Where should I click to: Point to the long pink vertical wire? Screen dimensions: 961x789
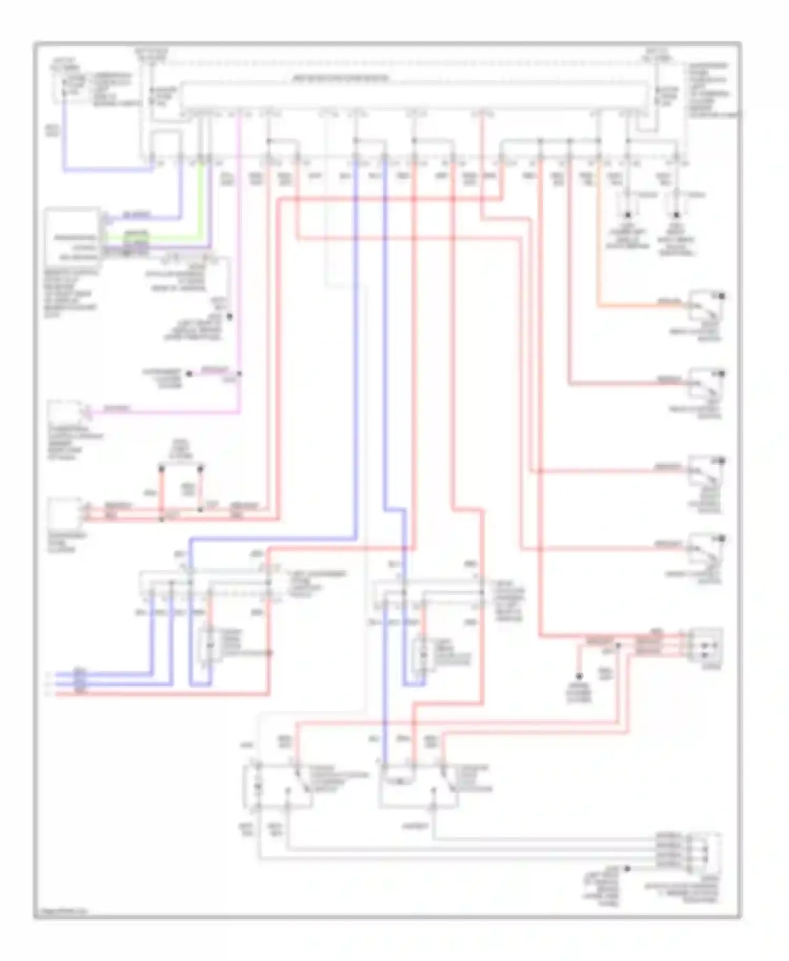[x=240, y=263]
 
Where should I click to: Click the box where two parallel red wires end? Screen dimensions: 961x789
[x=64, y=512]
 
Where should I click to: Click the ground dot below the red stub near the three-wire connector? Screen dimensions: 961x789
[x=579, y=677]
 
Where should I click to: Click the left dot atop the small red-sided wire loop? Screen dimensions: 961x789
[x=161, y=467]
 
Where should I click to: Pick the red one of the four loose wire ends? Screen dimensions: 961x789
[x=48, y=694]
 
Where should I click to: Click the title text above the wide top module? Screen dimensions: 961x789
[x=341, y=79]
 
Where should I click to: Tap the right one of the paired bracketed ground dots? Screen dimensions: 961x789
[x=676, y=215]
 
